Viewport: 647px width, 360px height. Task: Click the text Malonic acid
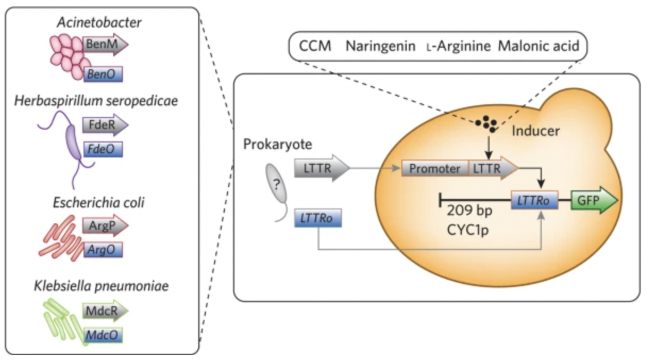coord(537,46)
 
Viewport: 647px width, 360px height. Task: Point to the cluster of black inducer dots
coord(487,124)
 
